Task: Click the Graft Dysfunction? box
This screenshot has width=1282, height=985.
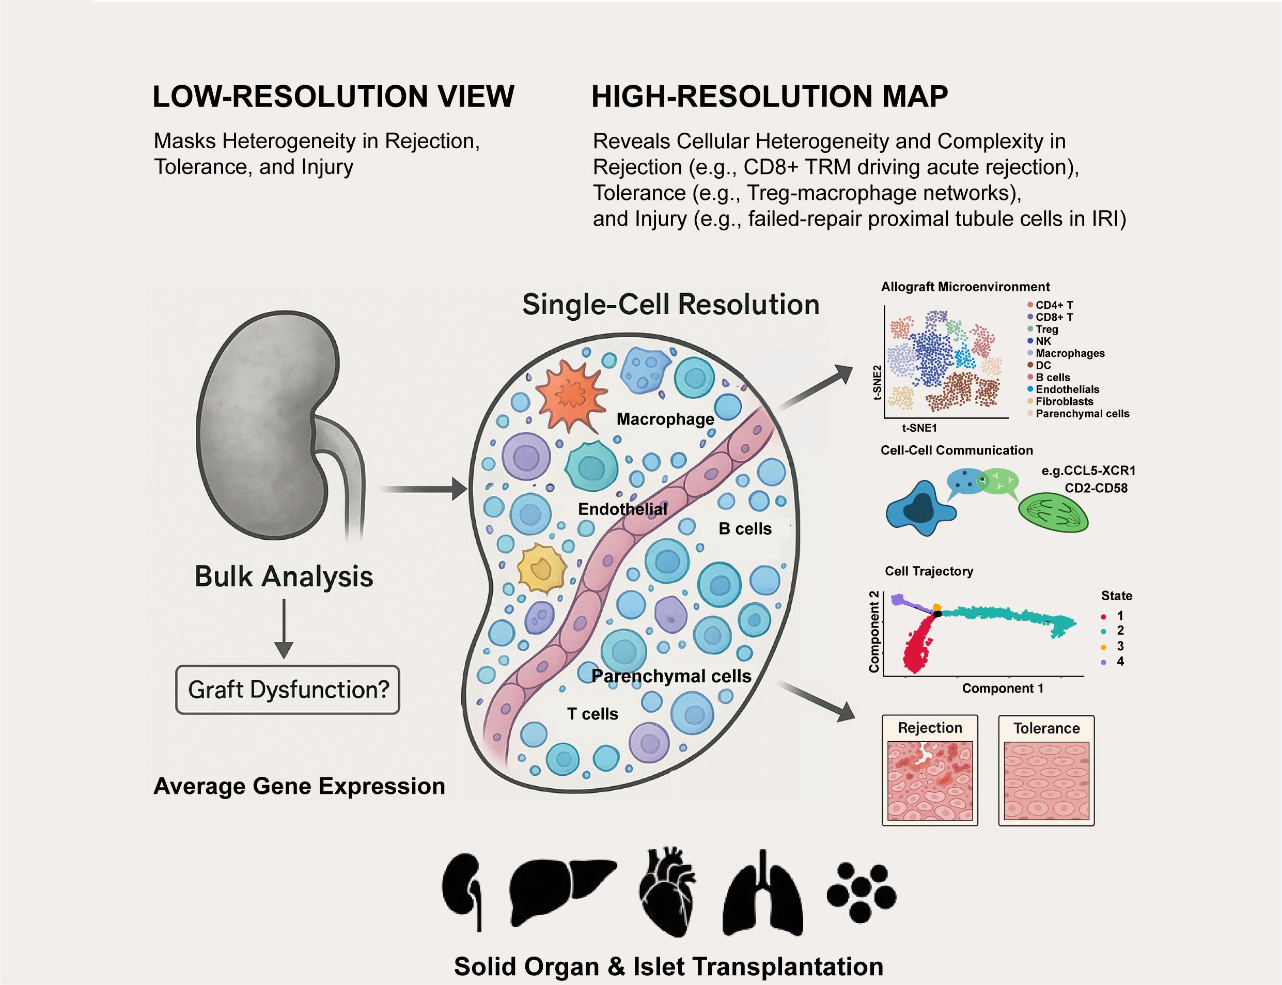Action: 287,690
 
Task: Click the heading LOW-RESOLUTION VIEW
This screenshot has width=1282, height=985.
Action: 333,97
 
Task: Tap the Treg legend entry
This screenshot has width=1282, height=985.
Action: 1046,330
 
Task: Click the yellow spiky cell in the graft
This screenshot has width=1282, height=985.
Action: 542,568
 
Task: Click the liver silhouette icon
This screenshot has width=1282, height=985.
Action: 562,885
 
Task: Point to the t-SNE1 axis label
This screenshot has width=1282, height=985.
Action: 919,428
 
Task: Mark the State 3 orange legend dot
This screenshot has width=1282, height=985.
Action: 1104,647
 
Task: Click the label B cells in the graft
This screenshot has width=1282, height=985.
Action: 745,529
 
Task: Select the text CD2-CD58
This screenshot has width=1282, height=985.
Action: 1096,488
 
